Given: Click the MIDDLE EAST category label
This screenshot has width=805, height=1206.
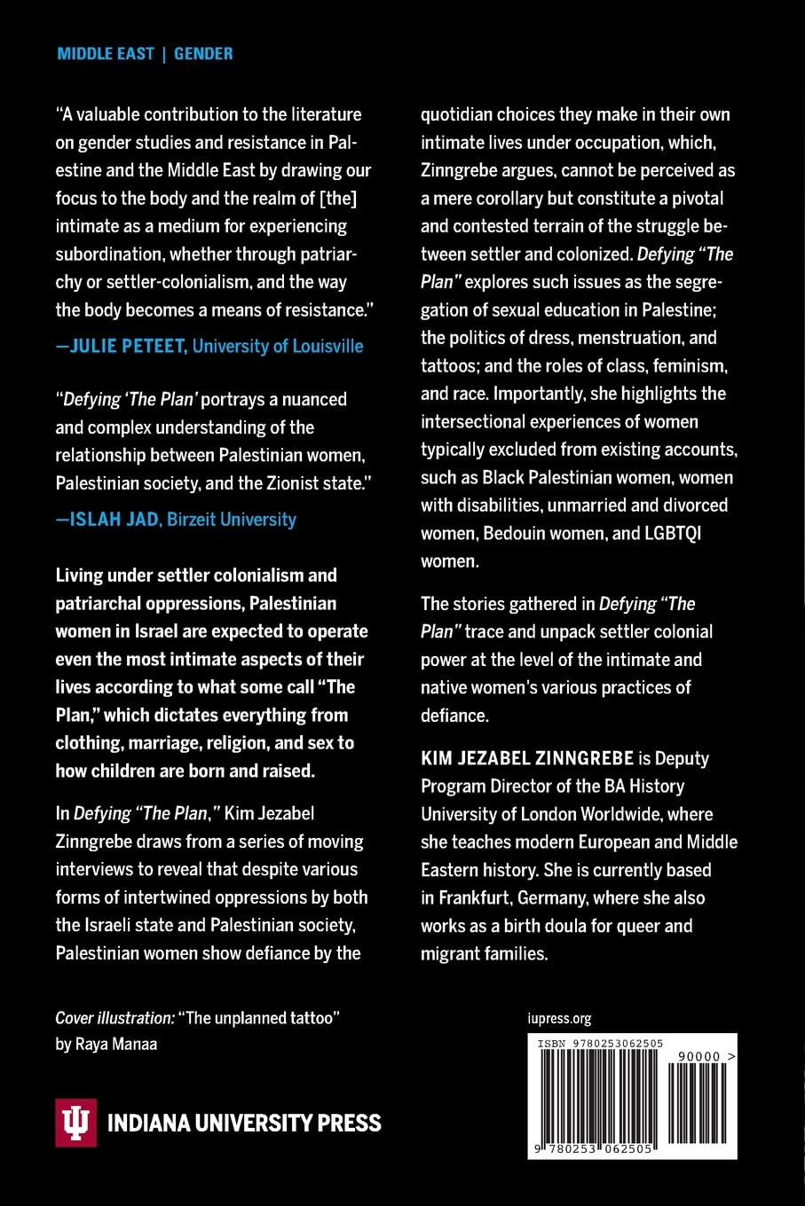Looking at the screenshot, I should tap(106, 53).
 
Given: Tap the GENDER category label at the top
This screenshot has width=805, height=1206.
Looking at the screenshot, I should tap(203, 53).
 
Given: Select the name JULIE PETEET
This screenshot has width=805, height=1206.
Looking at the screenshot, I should tap(128, 346).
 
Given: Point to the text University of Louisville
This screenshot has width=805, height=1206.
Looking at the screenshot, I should tap(278, 346).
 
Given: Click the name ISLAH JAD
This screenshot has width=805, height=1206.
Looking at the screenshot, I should tap(114, 519).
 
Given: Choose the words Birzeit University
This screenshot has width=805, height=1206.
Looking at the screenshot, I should tap(232, 519).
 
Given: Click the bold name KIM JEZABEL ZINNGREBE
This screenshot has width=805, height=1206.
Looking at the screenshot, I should tap(527, 758).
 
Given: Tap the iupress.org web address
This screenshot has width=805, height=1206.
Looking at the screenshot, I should tap(559, 1018).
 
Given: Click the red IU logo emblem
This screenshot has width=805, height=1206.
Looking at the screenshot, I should tap(76, 1123).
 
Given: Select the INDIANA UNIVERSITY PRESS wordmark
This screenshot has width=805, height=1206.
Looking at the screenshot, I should tap(244, 1124).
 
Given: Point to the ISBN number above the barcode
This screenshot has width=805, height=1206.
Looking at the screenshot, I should tap(600, 1044).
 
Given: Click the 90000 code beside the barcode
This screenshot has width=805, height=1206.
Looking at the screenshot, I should tap(698, 1057).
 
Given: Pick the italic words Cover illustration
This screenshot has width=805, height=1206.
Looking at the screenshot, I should tap(114, 1018).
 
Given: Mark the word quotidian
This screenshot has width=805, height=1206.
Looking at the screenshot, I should tap(458, 114).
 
